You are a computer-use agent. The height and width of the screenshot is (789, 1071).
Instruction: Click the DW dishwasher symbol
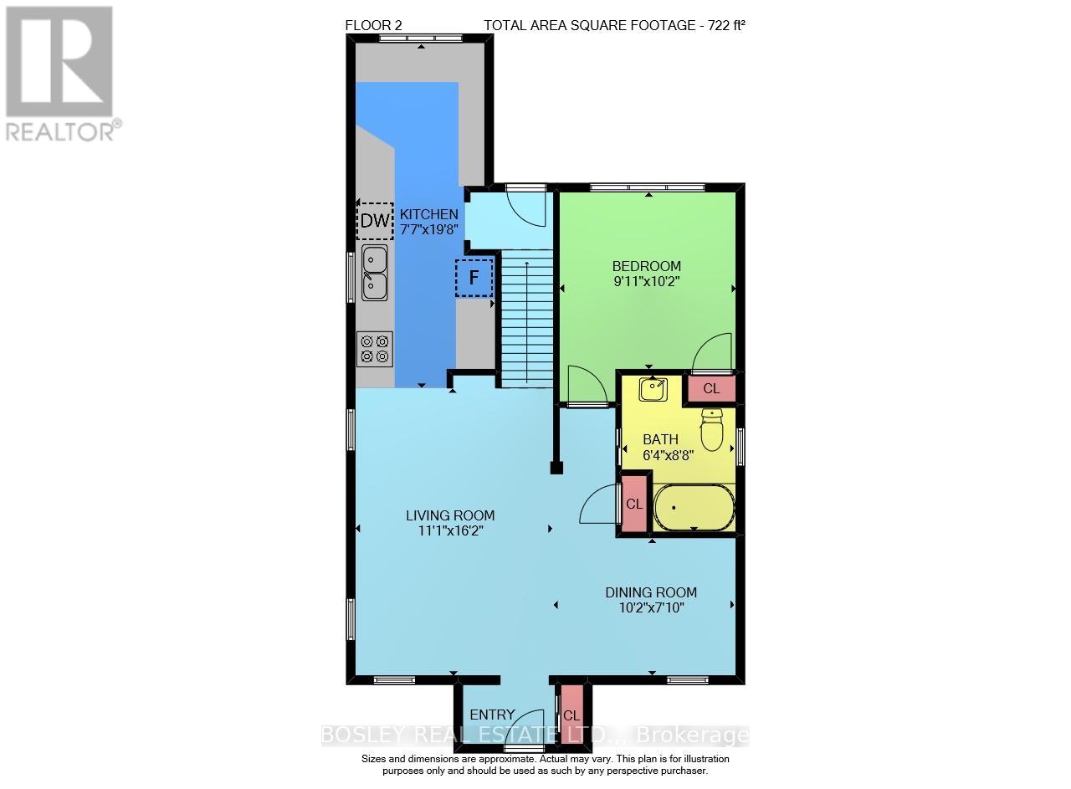375,222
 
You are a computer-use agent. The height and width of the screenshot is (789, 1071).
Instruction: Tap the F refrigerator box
474,279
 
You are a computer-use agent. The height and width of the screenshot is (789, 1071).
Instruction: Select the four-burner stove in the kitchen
374,348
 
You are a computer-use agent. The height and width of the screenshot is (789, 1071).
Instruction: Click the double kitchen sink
374,273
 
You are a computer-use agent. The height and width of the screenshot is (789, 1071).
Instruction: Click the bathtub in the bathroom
694,507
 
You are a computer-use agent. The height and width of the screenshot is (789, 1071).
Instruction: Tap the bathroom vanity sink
653,389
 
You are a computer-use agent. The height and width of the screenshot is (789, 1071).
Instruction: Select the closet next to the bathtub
634,504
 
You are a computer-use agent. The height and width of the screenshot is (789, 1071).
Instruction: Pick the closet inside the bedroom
711,388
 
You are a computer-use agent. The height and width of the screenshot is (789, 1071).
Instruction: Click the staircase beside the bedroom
527,318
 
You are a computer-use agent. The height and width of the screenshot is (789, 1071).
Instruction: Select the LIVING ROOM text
451,515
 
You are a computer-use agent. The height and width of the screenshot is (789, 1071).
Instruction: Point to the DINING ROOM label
651,592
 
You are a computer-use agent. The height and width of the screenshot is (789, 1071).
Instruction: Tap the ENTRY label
492,715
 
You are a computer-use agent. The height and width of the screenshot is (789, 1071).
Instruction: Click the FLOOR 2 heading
373,25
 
